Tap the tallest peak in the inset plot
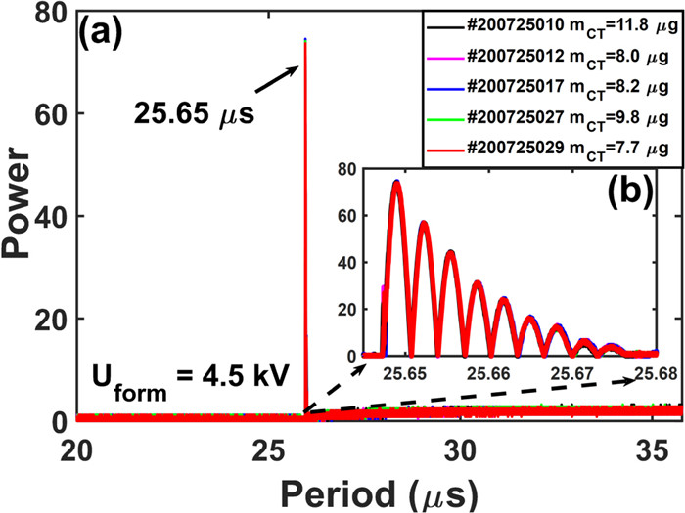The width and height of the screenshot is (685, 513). click(x=396, y=183)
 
